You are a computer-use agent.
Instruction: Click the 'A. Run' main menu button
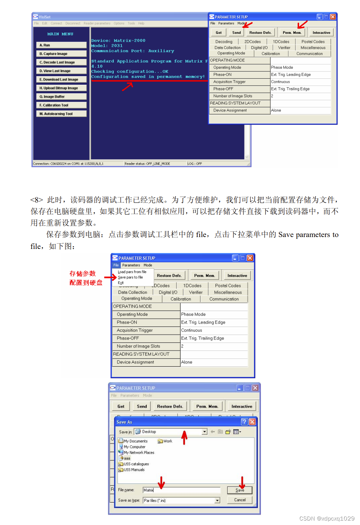(x=61, y=45)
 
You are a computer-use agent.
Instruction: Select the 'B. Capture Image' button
(x=61, y=54)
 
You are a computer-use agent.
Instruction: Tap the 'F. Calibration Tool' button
(x=61, y=105)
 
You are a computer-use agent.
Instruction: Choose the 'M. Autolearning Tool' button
(x=61, y=114)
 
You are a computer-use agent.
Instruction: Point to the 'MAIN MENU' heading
(x=60, y=34)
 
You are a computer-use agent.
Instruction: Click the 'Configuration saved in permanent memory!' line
(x=148, y=77)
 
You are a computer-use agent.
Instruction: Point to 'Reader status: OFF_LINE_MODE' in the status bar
(x=147, y=164)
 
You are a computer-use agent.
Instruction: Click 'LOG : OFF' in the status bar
(x=195, y=164)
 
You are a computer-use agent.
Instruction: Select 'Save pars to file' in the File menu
(x=130, y=278)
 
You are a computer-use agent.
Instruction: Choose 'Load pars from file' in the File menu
(x=132, y=272)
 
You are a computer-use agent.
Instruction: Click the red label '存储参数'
(x=82, y=274)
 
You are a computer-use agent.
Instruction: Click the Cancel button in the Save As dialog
(x=240, y=500)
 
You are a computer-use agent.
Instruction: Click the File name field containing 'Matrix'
(x=181, y=490)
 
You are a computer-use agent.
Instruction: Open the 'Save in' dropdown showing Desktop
(x=204, y=432)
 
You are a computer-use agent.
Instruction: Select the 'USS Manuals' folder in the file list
(x=134, y=470)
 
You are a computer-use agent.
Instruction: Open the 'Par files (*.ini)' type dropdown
(x=217, y=500)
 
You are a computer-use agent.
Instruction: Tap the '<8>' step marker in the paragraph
(x=37, y=200)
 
